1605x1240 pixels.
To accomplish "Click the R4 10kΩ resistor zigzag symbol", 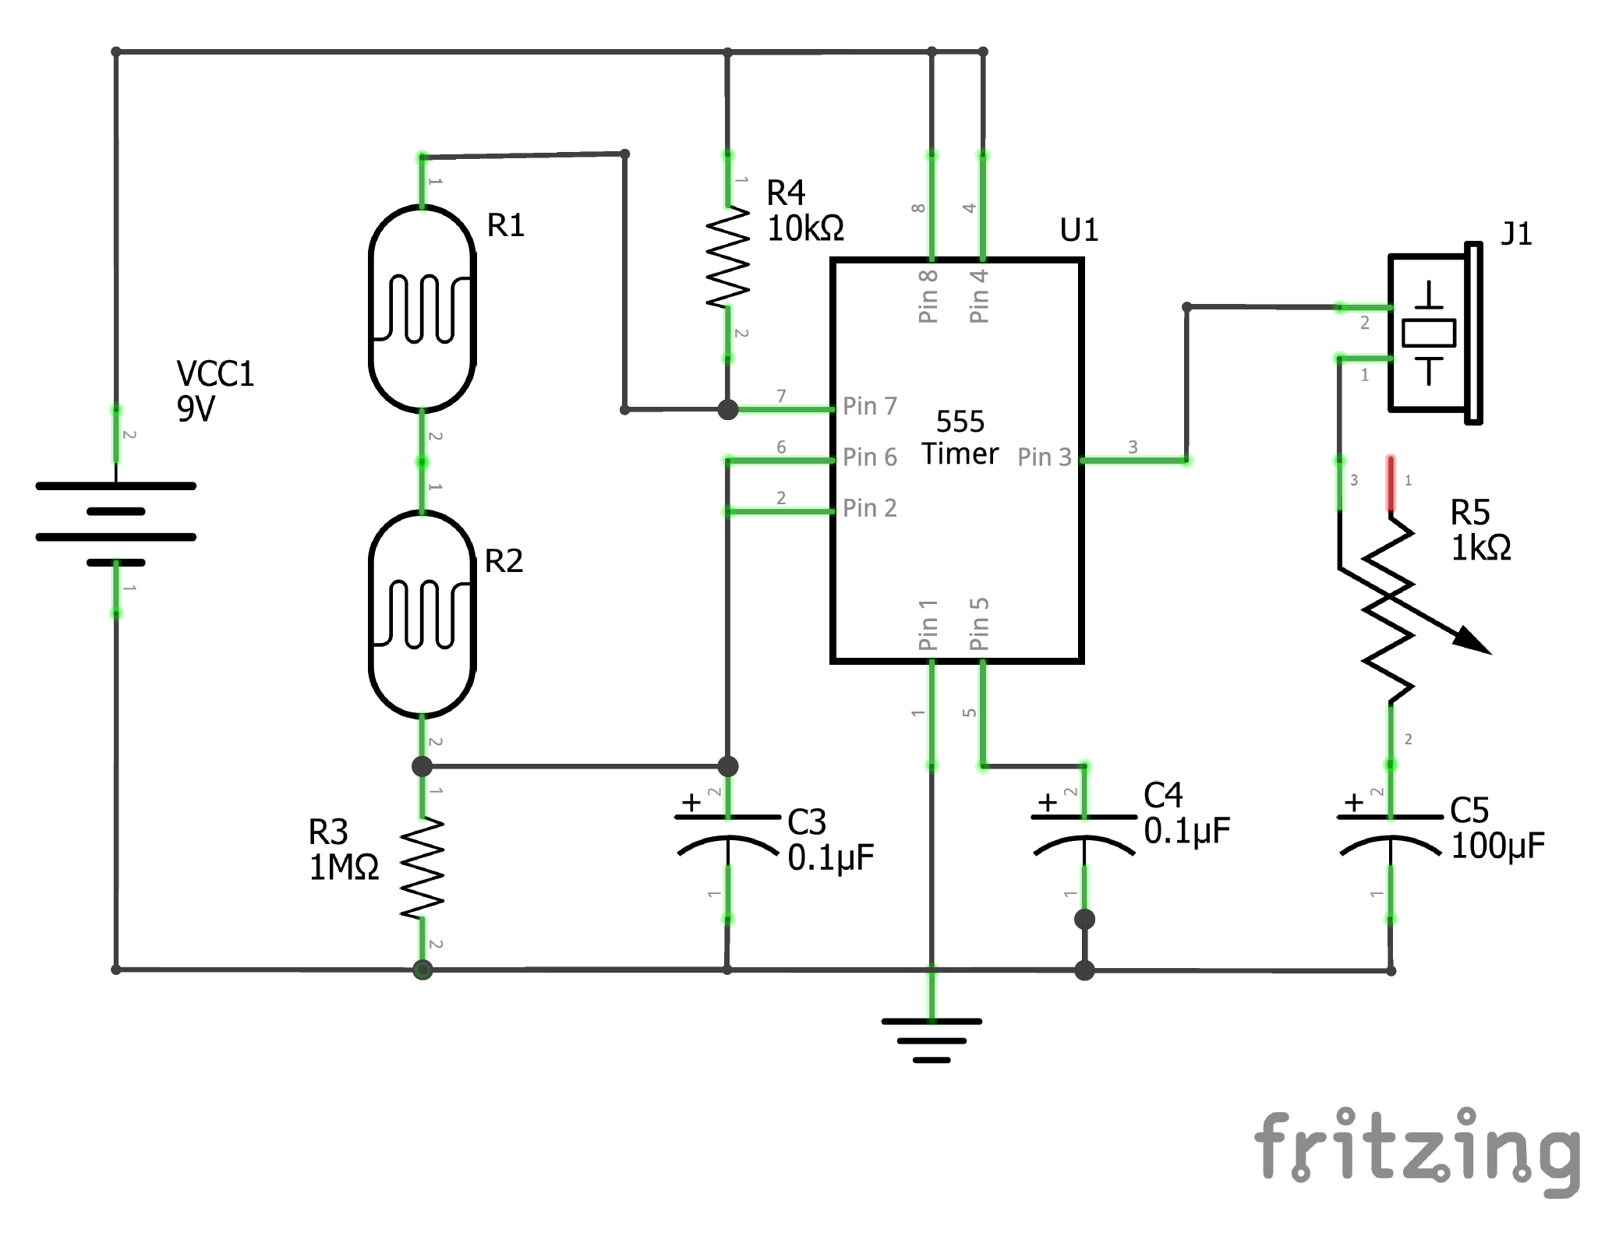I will [727, 257].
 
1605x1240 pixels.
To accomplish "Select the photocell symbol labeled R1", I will [422, 309].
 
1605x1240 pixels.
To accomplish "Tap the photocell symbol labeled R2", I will [422, 614].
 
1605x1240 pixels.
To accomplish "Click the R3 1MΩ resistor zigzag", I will [422, 867].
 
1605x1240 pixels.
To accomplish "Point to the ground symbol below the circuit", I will [932, 1040].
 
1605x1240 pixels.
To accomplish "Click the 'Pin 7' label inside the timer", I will [870, 406].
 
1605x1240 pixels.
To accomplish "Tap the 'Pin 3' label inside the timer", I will [1045, 457].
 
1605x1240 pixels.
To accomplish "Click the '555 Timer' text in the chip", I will [960, 438].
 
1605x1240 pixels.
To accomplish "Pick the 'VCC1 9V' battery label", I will [214, 391].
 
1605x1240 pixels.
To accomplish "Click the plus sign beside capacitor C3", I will [691, 802].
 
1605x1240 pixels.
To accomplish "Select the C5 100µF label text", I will [1497, 828].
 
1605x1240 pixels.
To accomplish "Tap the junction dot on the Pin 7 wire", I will [727, 409].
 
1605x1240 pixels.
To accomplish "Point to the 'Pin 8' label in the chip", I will [928, 296].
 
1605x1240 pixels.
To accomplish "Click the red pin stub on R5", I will [1391, 483].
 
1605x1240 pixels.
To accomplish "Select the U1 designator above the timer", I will [1079, 230].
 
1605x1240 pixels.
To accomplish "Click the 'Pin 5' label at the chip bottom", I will [979, 624].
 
